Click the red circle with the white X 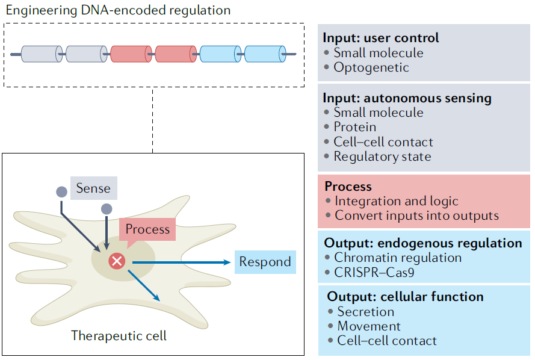(x=117, y=261)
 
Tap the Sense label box (x=94, y=188)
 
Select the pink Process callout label (x=147, y=229)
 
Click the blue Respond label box (x=265, y=262)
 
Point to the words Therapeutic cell (x=119, y=336)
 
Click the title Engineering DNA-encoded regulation (x=118, y=10)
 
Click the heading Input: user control (x=381, y=38)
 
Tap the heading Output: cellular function (x=406, y=297)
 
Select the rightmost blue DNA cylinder (x=265, y=54)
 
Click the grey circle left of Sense (x=61, y=192)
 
